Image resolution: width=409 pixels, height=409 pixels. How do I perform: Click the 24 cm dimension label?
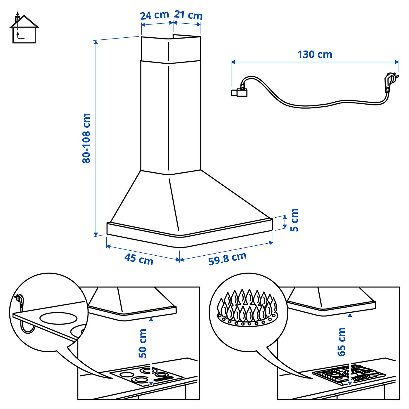[x=155, y=15]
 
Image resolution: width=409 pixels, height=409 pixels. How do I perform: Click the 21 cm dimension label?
[x=188, y=15]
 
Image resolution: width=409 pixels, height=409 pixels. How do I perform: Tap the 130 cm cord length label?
[x=315, y=55]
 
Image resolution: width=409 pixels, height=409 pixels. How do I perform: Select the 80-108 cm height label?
[x=86, y=138]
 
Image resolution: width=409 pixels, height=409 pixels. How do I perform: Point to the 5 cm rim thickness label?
[x=294, y=220]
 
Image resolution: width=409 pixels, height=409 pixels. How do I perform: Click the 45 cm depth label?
[x=139, y=259]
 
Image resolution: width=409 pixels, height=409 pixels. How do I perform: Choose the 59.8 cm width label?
[x=227, y=259]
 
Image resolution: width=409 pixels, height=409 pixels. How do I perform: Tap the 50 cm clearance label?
[x=143, y=343]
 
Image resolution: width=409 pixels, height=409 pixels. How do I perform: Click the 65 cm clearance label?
[x=341, y=342]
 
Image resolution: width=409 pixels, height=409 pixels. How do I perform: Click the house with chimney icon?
[x=24, y=29]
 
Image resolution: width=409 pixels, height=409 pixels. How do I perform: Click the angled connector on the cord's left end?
[x=240, y=91]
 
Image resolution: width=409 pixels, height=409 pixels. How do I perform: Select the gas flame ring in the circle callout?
[x=248, y=308]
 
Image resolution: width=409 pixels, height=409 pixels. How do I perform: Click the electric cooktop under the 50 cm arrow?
[x=146, y=375]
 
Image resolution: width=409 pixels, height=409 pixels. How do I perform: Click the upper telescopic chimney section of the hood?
[x=171, y=49]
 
